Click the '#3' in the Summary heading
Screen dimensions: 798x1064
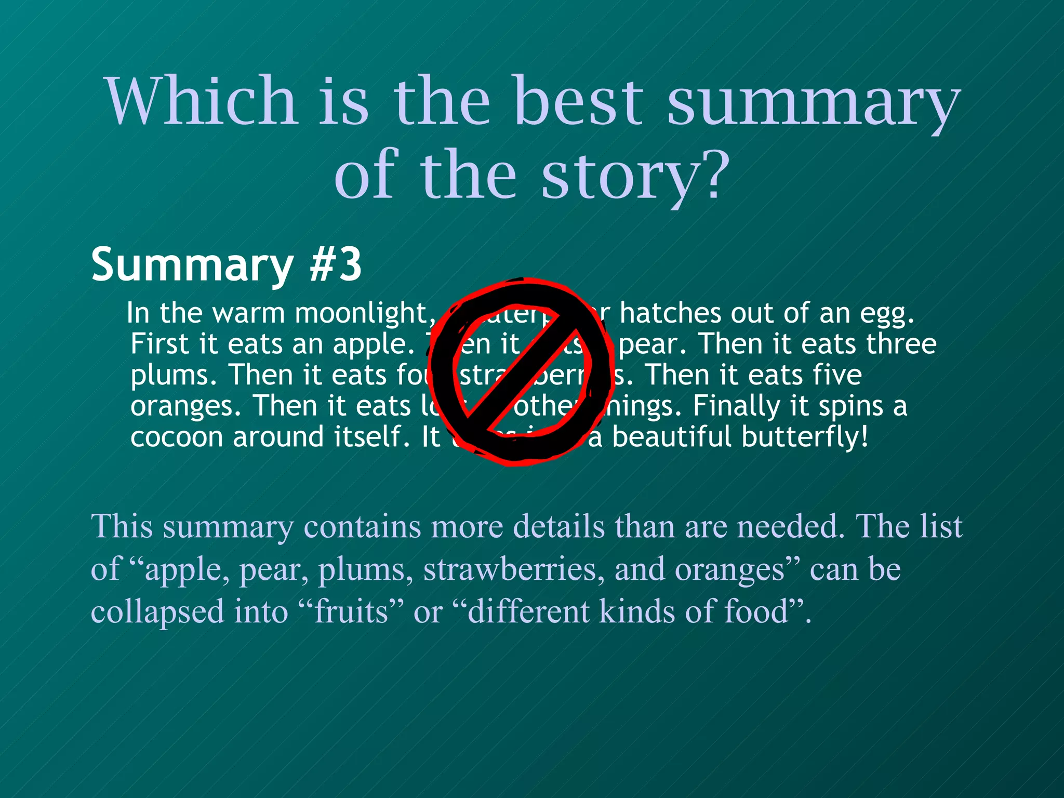335,264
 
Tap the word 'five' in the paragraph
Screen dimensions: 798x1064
837,375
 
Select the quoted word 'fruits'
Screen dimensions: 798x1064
351,611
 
